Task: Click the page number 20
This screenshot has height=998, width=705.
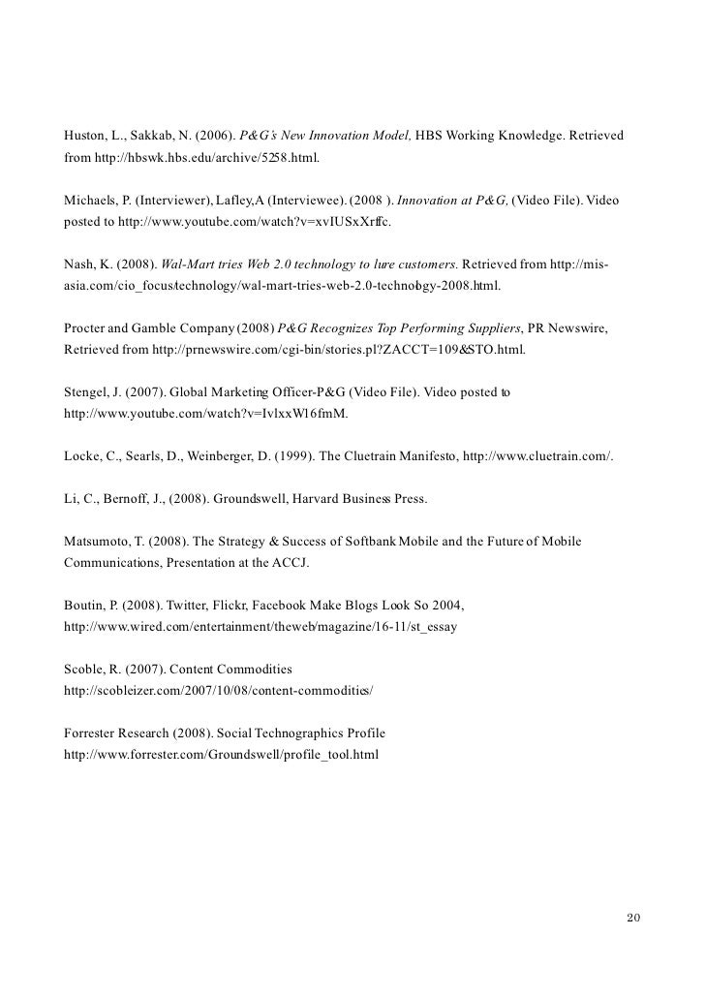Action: pyautogui.click(x=634, y=918)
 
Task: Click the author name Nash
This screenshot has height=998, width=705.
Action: pyautogui.click(x=80, y=265)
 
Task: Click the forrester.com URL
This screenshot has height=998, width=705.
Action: pyautogui.click(x=221, y=754)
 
